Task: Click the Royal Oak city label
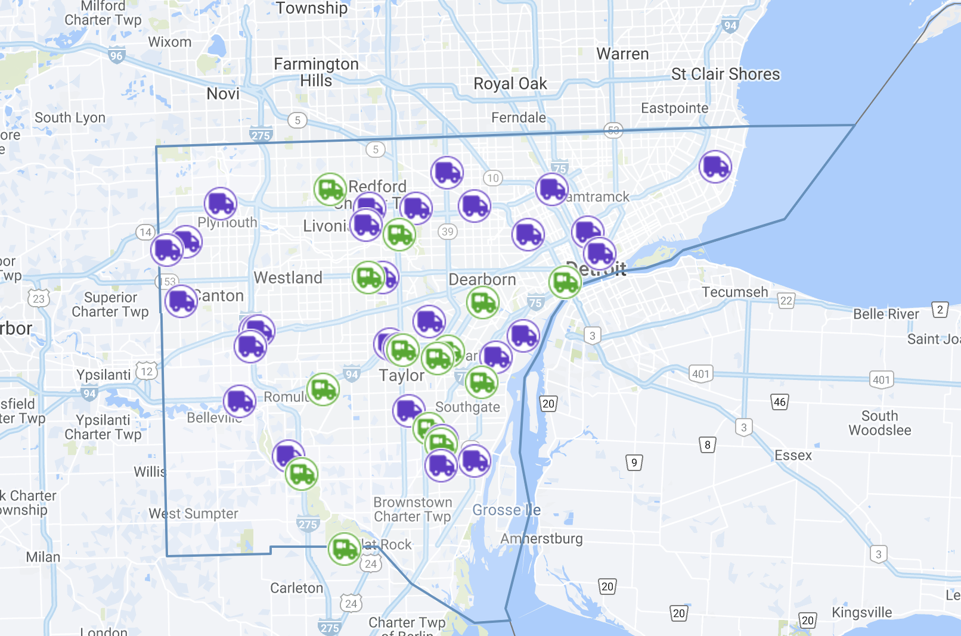(x=510, y=84)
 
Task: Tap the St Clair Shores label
(x=725, y=74)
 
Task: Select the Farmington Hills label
(x=316, y=72)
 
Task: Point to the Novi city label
(x=223, y=94)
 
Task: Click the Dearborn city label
(x=482, y=280)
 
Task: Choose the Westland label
(x=288, y=278)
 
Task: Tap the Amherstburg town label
(x=541, y=539)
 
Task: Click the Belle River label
(x=886, y=314)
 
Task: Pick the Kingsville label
(x=861, y=613)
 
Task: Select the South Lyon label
(x=70, y=118)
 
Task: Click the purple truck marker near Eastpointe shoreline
(x=715, y=166)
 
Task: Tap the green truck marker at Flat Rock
(x=344, y=548)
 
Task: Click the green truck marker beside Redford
(x=330, y=189)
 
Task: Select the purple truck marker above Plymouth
(x=221, y=203)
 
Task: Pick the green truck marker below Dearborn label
(x=482, y=302)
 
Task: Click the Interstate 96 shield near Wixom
(x=116, y=56)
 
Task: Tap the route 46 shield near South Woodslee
(x=779, y=402)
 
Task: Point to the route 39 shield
(x=448, y=232)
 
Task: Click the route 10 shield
(x=492, y=178)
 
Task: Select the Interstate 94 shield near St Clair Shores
(x=730, y=26)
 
